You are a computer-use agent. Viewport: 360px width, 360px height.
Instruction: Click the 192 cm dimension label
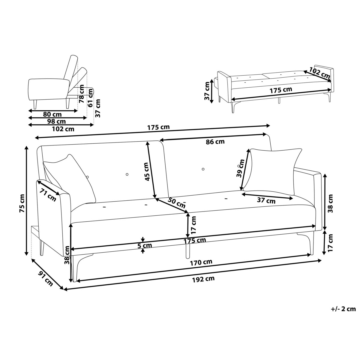pyautogui.click(x=203, y=279)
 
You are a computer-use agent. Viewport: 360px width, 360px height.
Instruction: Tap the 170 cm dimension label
pyautogui.click(x=201, y=262)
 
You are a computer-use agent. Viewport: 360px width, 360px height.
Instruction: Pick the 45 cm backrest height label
pyautogui.click(x=146, y=172)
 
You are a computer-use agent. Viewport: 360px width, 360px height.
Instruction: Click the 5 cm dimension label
pyautogui.click(x=145, y=245)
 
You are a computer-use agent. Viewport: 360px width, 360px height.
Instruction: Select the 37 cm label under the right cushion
pyautogui.click(x=266, y=201)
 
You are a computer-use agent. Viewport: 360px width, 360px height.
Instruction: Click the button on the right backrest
pyautogui.click(x=203, y=169)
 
